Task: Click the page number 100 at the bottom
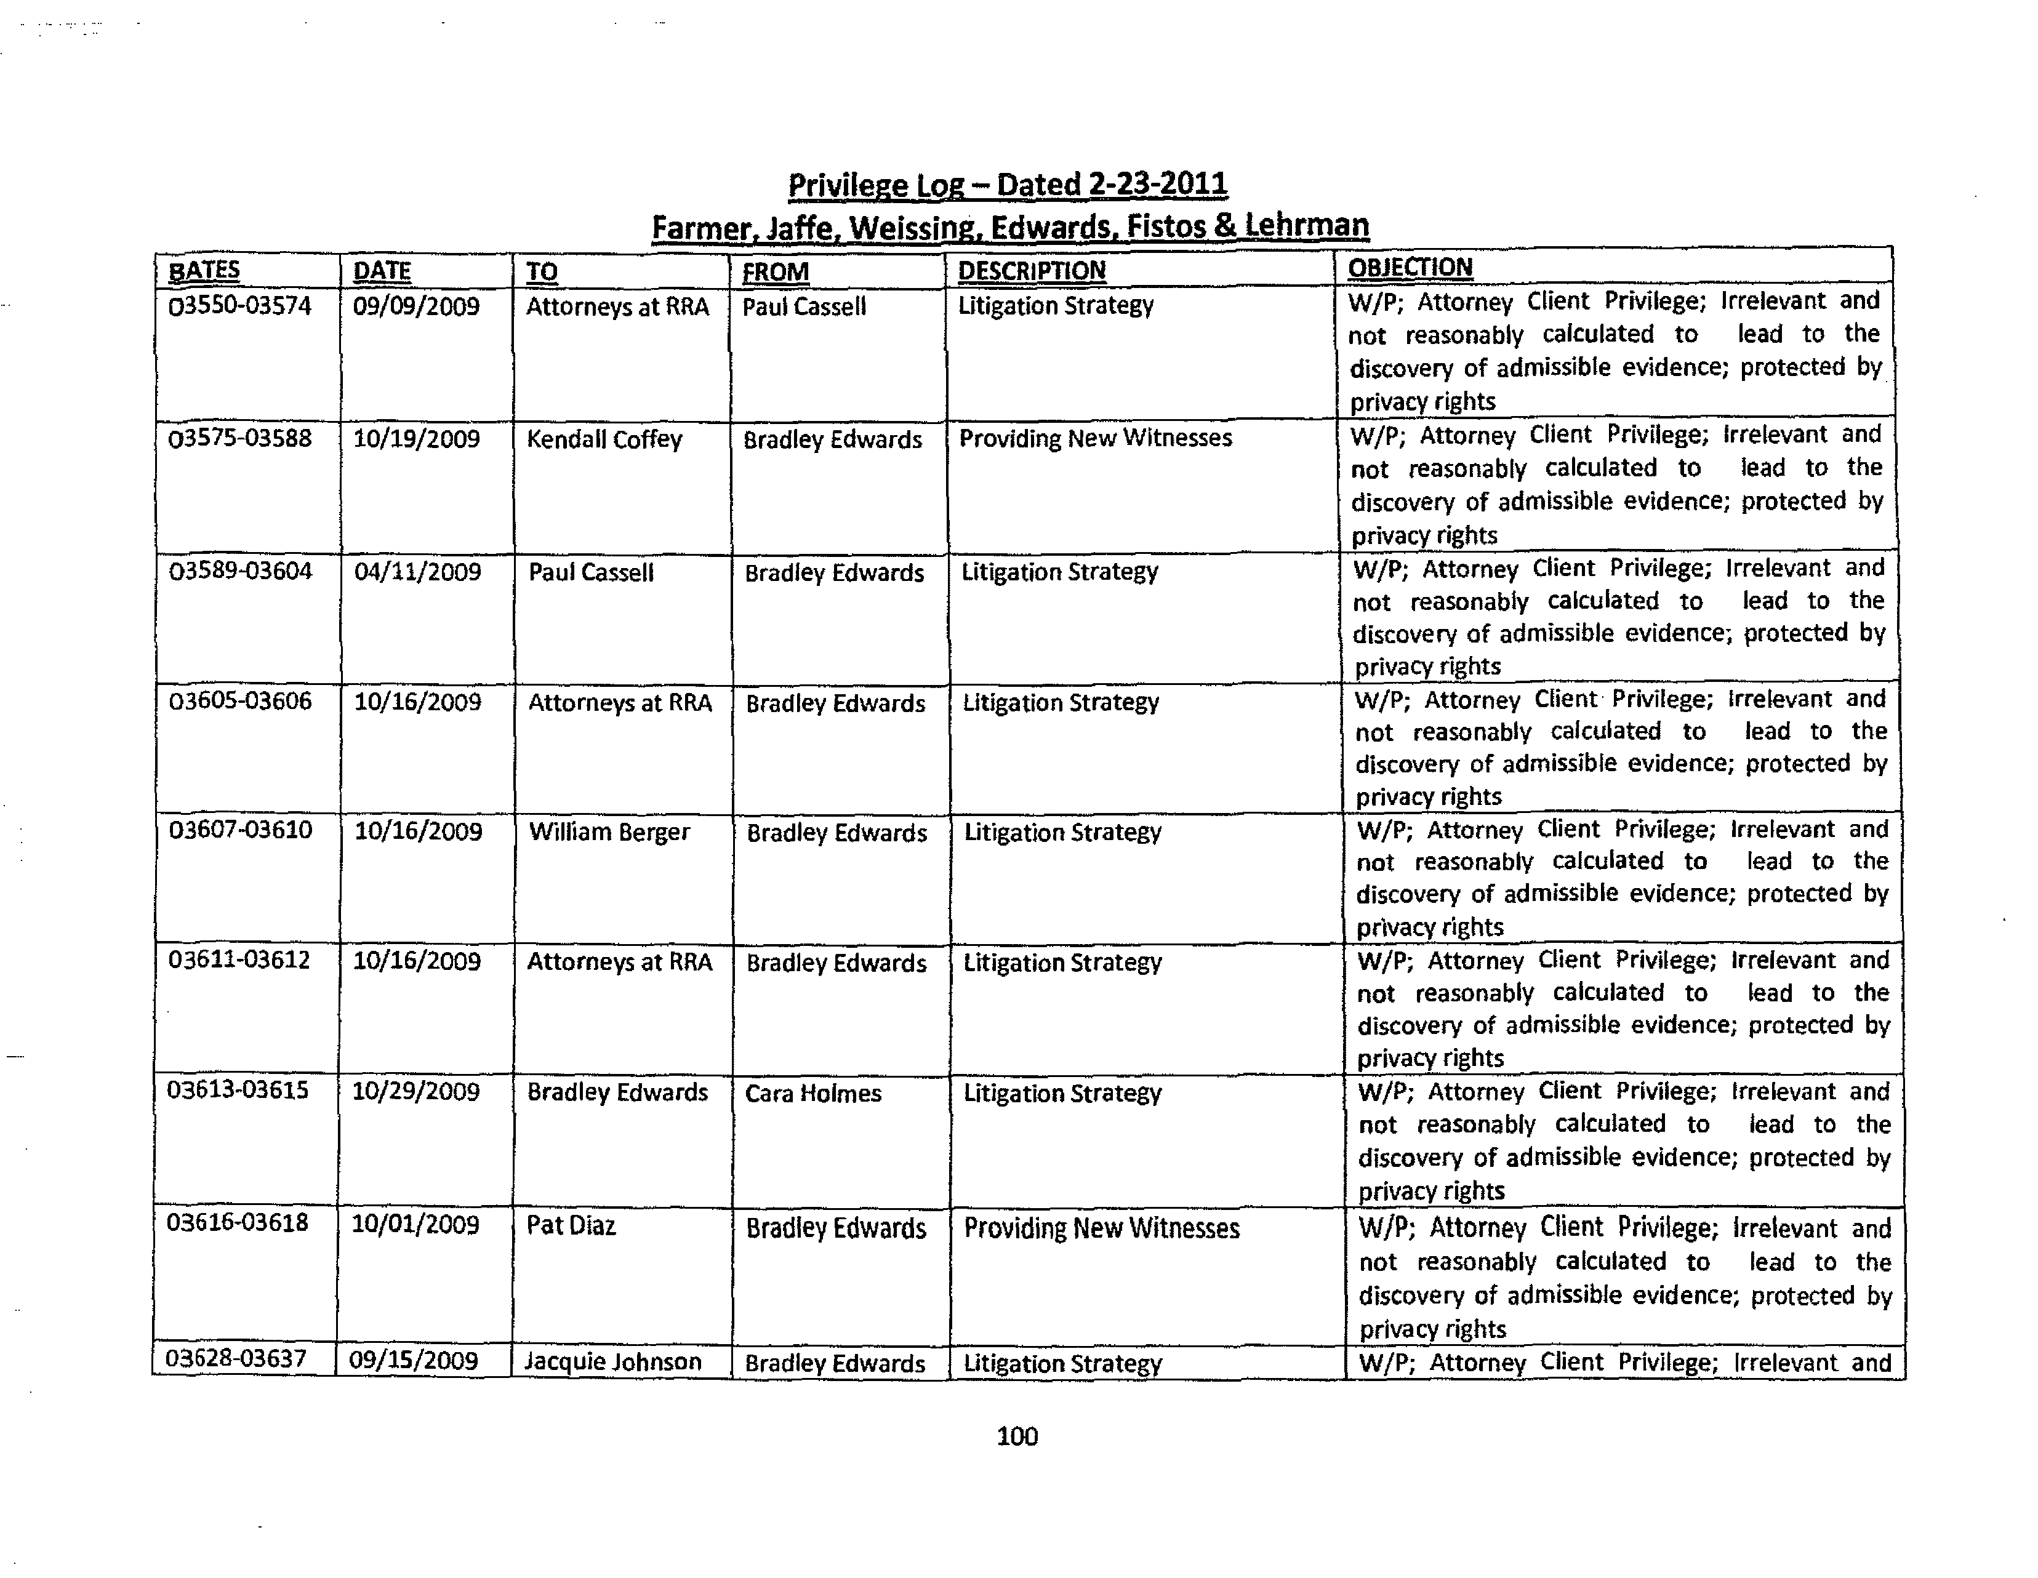1016,1435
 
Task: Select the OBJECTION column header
1410,268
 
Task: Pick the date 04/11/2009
417,572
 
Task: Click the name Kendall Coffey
604,439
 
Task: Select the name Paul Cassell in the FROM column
803,307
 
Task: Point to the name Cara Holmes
812,1094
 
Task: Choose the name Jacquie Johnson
612,1361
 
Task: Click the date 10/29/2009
415,1092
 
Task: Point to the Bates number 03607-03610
240,830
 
